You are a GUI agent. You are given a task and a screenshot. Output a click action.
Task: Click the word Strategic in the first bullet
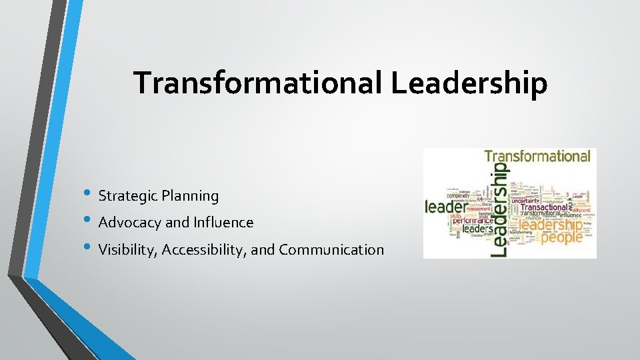pos(125,196)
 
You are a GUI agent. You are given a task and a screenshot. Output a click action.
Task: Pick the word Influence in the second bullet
pos(223,223)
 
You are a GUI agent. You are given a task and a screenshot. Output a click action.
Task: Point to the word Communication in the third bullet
pos(331,250)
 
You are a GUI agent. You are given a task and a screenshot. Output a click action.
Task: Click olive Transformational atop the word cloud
pos(537,157)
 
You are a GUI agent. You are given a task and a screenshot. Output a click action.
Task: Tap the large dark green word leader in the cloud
pos(448,207)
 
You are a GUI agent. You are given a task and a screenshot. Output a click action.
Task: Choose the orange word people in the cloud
pos(561,237)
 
